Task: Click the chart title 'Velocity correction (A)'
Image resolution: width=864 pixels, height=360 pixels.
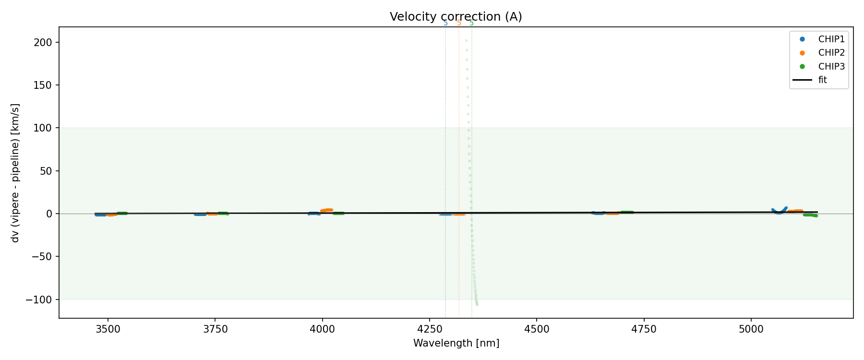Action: [x=456, y=17]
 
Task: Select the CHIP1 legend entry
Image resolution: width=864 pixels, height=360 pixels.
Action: [x=831, y=39]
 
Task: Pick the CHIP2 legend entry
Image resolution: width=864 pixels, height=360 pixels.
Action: [x=831, y=53]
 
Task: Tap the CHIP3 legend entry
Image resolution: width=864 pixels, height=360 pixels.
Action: [x=831, y=66]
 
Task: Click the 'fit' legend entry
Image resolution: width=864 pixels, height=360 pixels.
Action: [x=822, y=80]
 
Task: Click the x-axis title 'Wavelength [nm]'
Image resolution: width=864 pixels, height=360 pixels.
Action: [x=456, y=343]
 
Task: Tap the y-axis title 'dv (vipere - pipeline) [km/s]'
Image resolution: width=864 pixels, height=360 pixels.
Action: [x=15, y=173]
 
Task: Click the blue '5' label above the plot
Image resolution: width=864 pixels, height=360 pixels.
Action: [x=445, y=23]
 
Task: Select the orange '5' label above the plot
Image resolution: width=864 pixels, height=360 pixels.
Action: [x=459, y=23]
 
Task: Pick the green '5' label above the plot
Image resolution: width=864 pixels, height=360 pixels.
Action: [x=471, y=23]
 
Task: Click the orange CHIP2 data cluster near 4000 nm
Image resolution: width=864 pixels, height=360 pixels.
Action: [x=327, y=210]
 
